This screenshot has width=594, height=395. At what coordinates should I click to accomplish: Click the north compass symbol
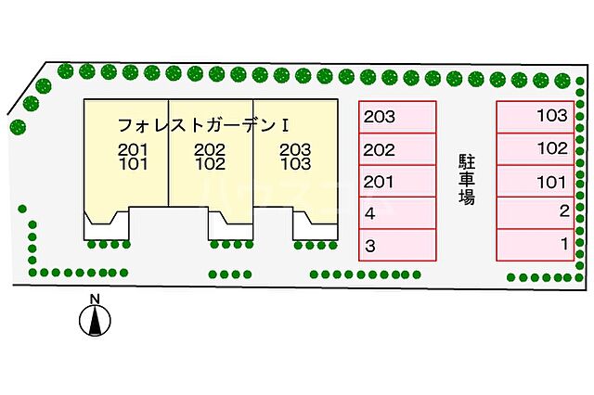(x=94, y=320)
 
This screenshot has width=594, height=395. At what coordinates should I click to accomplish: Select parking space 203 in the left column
(x=397, y=118)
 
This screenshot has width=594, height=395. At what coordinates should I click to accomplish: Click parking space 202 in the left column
(x=397, y=149)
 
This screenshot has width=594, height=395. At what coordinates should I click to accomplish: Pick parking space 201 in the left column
(x=397, y=182)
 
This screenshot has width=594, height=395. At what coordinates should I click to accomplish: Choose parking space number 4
(x=397, y=213)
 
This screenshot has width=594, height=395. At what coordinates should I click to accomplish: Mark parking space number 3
(x=397, y=246)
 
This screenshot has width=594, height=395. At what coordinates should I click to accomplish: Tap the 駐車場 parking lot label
(x=466, y=178)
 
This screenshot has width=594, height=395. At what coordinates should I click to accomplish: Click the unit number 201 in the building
(x=132, y=149)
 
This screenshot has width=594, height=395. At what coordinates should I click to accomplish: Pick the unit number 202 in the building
(x=210, y=149)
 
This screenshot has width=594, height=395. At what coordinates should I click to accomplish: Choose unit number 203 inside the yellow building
(x=294, y=149)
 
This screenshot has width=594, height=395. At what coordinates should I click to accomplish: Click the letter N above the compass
(x=94, y=299)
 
